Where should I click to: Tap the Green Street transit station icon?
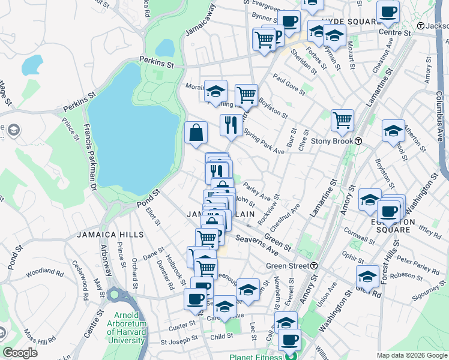coord(314,266)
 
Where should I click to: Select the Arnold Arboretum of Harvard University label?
coord(127,328)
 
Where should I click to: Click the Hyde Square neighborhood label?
coord(349,21)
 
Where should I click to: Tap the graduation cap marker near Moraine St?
coord(215,91)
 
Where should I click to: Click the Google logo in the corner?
coord(20,353)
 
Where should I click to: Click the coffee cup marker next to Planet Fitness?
coord(289,339)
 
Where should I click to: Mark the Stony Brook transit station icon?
coord(358,141)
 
